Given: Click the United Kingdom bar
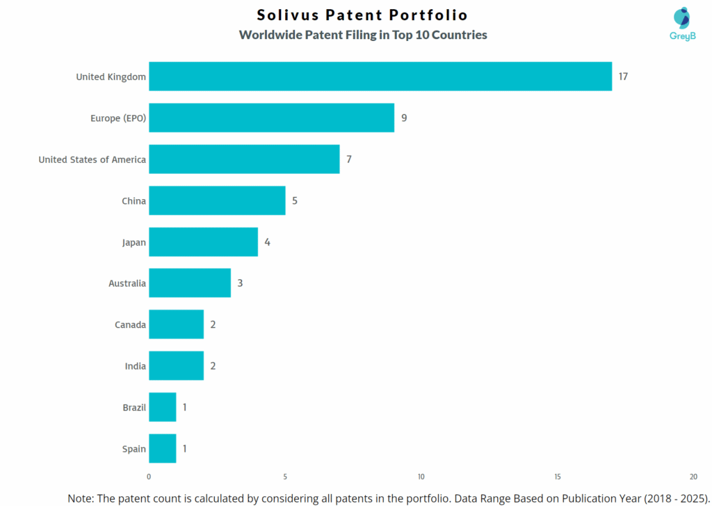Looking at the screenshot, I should (x=380, y=77).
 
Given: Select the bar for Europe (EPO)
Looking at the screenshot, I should (x=271, y=118).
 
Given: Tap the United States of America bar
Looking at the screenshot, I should (x=244, y=159).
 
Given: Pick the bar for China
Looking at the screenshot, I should (x=217, y=200).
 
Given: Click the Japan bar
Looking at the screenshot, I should (x=203, y=242).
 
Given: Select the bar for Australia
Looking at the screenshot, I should (x=190, y=283).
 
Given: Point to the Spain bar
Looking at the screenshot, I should (x=163, y=448).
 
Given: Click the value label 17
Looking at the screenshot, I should (x=623, y=77).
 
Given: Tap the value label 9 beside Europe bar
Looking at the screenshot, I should (x=404, y=118).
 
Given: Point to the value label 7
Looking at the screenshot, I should (x=349, y=159).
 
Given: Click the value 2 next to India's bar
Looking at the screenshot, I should (x=213, y=366).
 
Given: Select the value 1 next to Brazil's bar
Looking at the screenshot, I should (x=185, y=407).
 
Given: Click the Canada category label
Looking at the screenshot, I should (x=130, y=325).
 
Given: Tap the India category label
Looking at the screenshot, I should (x=135, y=366).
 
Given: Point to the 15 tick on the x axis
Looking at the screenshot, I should (x=558, y=477).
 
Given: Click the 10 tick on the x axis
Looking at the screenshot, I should (x=421, y=477).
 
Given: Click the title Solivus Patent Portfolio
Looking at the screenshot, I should (x=362, y=15).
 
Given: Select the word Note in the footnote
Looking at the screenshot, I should (x=81, y=498).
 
